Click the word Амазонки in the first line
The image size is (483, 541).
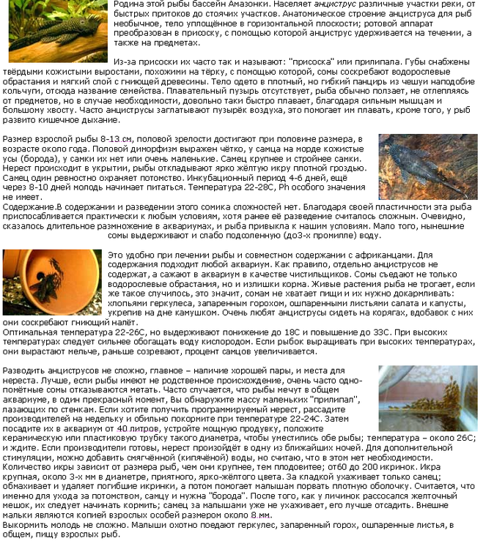[x=241, y=4]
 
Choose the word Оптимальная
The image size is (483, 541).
[x=28, y=331]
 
